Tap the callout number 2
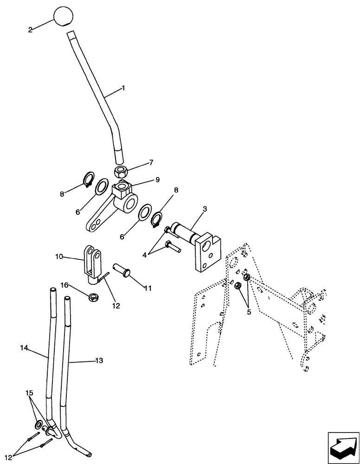coord(30,30)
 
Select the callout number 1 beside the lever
coord(123,87)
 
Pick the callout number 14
coord(24,347)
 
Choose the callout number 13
coord(99,360)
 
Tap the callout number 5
coord(249,312)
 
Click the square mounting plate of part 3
coord(207,254)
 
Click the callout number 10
coord(58,256)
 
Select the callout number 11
coord(148,288)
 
